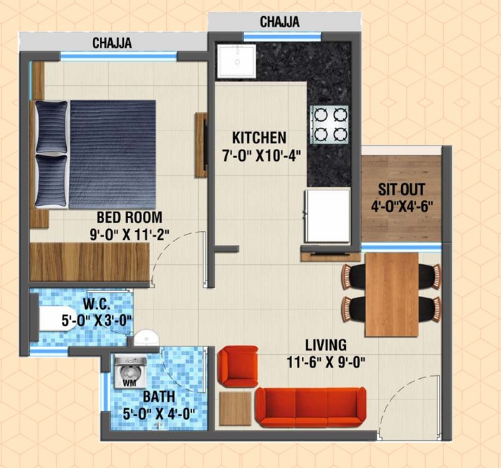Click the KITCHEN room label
pyautogui.click(x=259, y=138)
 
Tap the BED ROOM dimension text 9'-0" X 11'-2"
pyautogui.click(x=129, y=235)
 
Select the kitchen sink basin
pyautogui.click(x=236, y=62)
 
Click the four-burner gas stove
pyautogui.click(x=329, y=124)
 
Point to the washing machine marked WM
pyautogui.click(x=130, y=372)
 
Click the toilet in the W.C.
pyautogui.click(x=58, y=319)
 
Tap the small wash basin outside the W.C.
pyautogui.click(x=146, y=337)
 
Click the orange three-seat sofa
pyautogui.click(x=311, y=407)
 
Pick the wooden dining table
pyautogui.click(x=392, y=294)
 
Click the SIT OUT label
pyautogui.click(x=402, y=190)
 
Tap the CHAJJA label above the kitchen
pyautogui.click(x=279, y=22)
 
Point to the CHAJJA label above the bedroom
pyautogui.click(x=112, y=43)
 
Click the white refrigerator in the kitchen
pyautogui.click(x=326, y=216)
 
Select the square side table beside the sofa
pyautogui.click(x=236, y=408)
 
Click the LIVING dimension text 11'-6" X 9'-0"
pyautogui.click(x=326, y=363)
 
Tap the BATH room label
pyautogui.click(x=159, y=397)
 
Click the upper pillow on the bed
pyautogui.click(x=51, y=127)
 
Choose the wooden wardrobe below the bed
pyautogui.click(x=90, y=262)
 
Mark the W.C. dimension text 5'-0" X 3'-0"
pyautogui.click(x=97, y=320)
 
